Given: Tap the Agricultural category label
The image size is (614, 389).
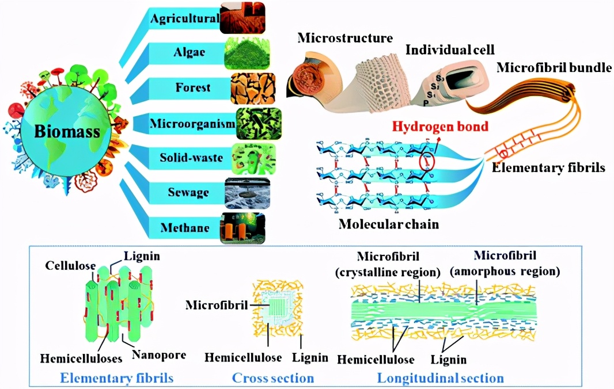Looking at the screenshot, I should pos(184,19).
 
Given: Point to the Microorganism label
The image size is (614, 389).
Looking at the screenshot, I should pos(185,124).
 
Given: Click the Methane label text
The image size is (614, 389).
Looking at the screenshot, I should pos(185,227).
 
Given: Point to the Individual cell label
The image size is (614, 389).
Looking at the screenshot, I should pos(442,49).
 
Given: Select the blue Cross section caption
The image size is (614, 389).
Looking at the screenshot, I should pos(273,378).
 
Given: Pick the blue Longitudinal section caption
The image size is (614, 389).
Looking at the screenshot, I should pos(440,378).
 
